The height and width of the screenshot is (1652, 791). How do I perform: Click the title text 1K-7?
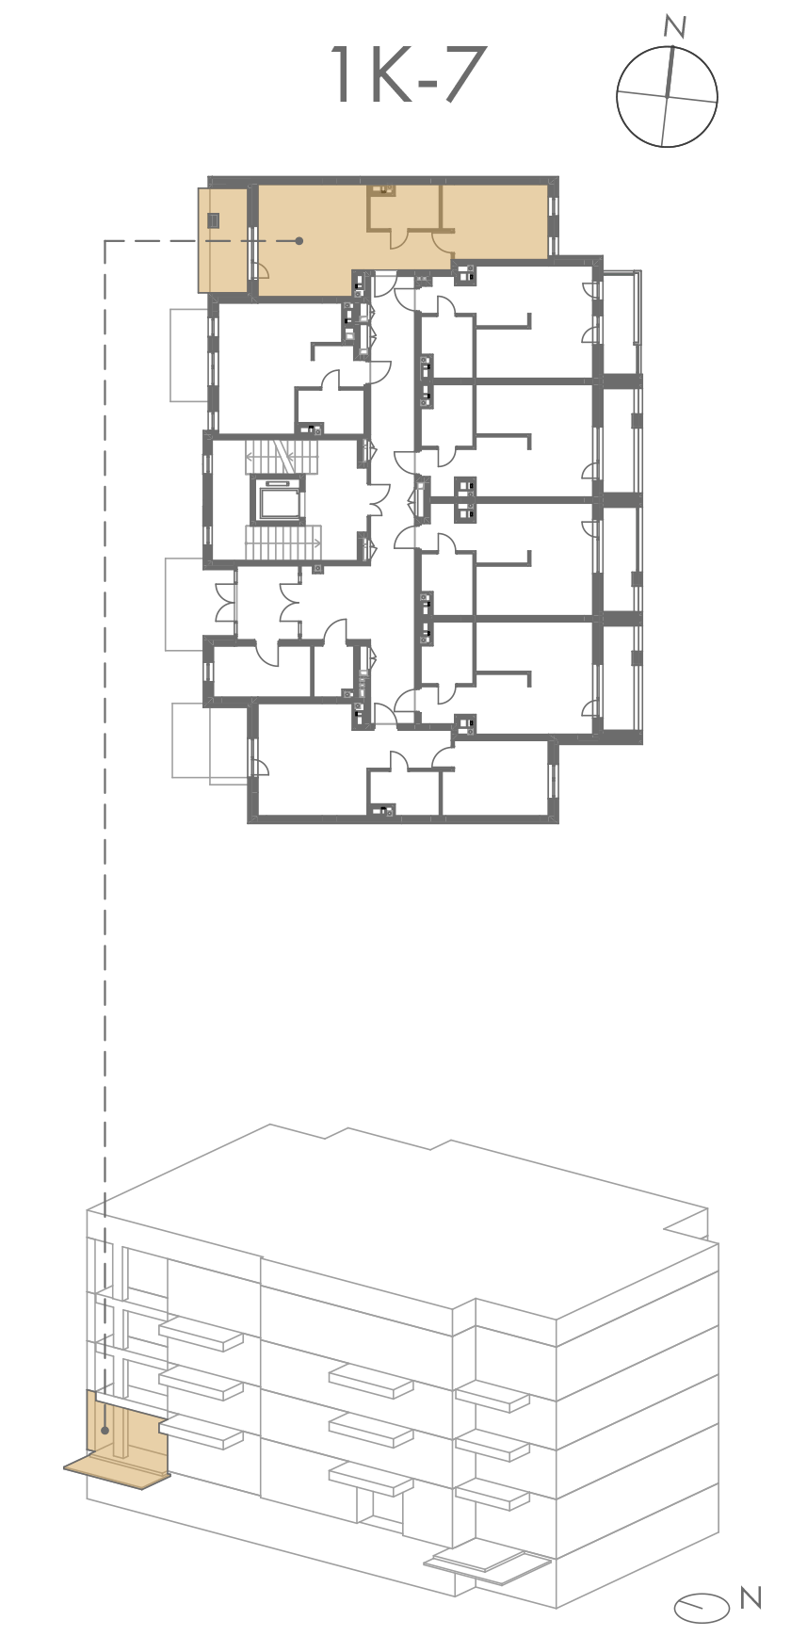(409, 75)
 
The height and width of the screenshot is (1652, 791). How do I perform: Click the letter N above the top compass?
(674, 27)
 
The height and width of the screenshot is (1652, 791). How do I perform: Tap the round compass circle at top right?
(668, 97)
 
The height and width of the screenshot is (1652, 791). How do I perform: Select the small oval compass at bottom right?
(702, 1608)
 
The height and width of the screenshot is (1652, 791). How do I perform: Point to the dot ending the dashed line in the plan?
(299, 241)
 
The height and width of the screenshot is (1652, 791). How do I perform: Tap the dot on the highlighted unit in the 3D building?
(105, 1430)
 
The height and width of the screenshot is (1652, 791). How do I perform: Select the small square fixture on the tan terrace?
(215, 221)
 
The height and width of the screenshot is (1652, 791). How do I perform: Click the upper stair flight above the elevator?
(283, 459)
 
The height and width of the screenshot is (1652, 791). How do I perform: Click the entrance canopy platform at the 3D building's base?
(486, 1564)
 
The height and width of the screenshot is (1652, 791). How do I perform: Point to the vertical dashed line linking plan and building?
(105, 838)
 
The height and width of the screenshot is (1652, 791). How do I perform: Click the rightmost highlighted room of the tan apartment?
(495, 221)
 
